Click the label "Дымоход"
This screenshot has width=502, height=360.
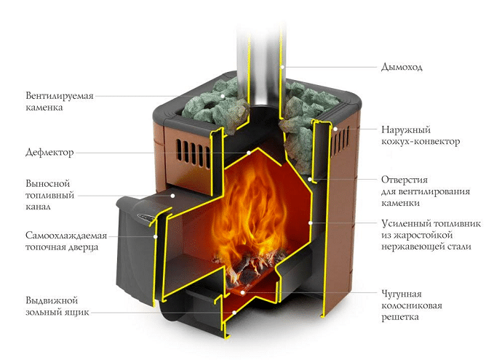[x=402, y=67]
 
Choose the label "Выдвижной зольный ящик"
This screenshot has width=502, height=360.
[x=51, y=306]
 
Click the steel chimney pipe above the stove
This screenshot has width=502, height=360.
[x=264, y=44]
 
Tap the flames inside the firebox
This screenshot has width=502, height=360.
[x=251, y=211]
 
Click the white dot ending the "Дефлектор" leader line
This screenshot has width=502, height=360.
[x=250, y=153]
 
